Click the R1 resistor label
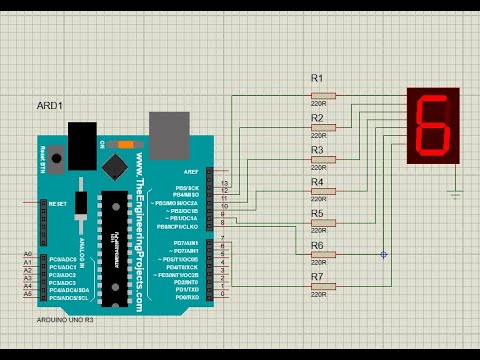[317, 78]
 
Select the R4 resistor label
[318, 183]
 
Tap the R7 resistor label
[317, 276]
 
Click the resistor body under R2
[321, 128]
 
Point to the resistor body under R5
[321, 223]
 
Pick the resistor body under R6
[321, 255]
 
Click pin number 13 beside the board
[224, 185]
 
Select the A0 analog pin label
[28, 256]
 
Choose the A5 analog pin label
[28, 295]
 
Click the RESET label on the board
[56, 203]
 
